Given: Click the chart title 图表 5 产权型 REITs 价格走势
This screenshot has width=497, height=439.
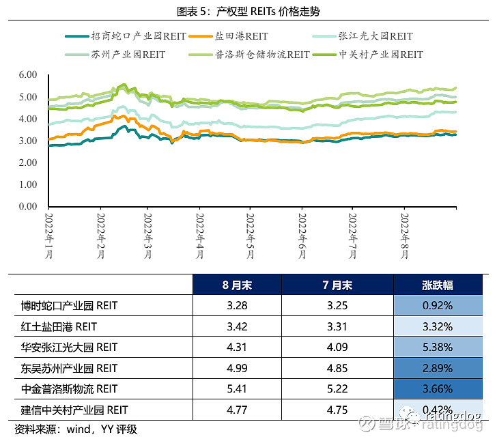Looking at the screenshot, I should tap(248, 11).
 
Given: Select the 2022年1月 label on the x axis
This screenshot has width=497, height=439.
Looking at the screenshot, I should tap(50, 236).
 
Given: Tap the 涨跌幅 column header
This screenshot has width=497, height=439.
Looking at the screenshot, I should tap(438, 285).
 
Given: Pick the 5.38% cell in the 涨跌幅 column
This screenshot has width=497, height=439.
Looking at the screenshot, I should tap(438, 347).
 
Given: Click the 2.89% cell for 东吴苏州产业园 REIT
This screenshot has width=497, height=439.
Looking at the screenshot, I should tap(438, 368).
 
